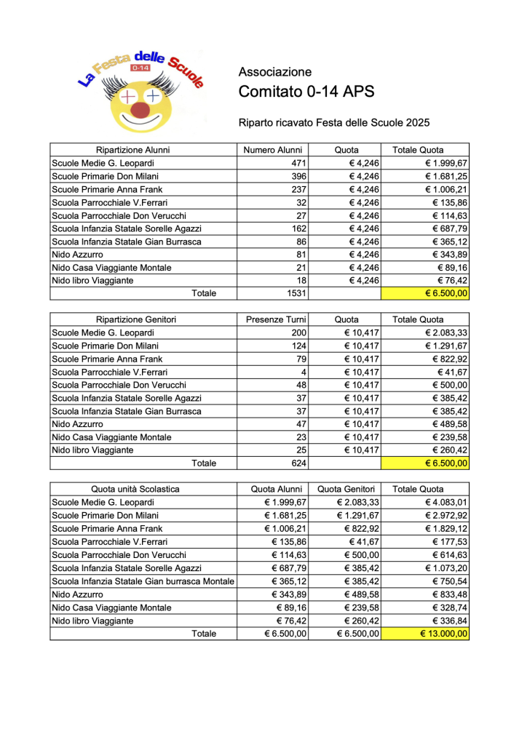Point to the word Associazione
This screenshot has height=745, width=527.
point(275,72)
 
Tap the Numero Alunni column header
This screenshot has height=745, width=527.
point(273,150)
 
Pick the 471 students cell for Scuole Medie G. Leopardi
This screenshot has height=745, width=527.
point(298,163)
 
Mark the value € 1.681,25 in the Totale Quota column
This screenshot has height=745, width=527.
point(446,176)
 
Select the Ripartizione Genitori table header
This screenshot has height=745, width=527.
point(136,319)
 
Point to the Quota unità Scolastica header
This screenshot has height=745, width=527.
point(135,489)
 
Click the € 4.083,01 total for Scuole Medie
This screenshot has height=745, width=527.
point(446,502)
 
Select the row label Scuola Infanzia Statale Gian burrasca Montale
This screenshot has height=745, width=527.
point(143,581)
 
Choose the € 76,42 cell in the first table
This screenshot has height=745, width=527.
point(452,281)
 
